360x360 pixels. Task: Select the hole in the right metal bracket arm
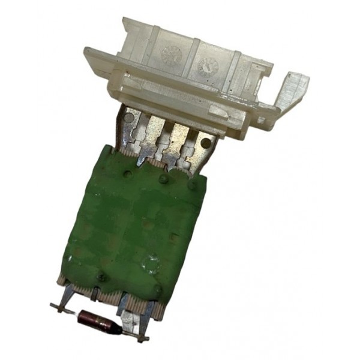tap(206, 143)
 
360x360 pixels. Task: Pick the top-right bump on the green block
tap(191, 186)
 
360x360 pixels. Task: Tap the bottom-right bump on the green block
tap(157, 290)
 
